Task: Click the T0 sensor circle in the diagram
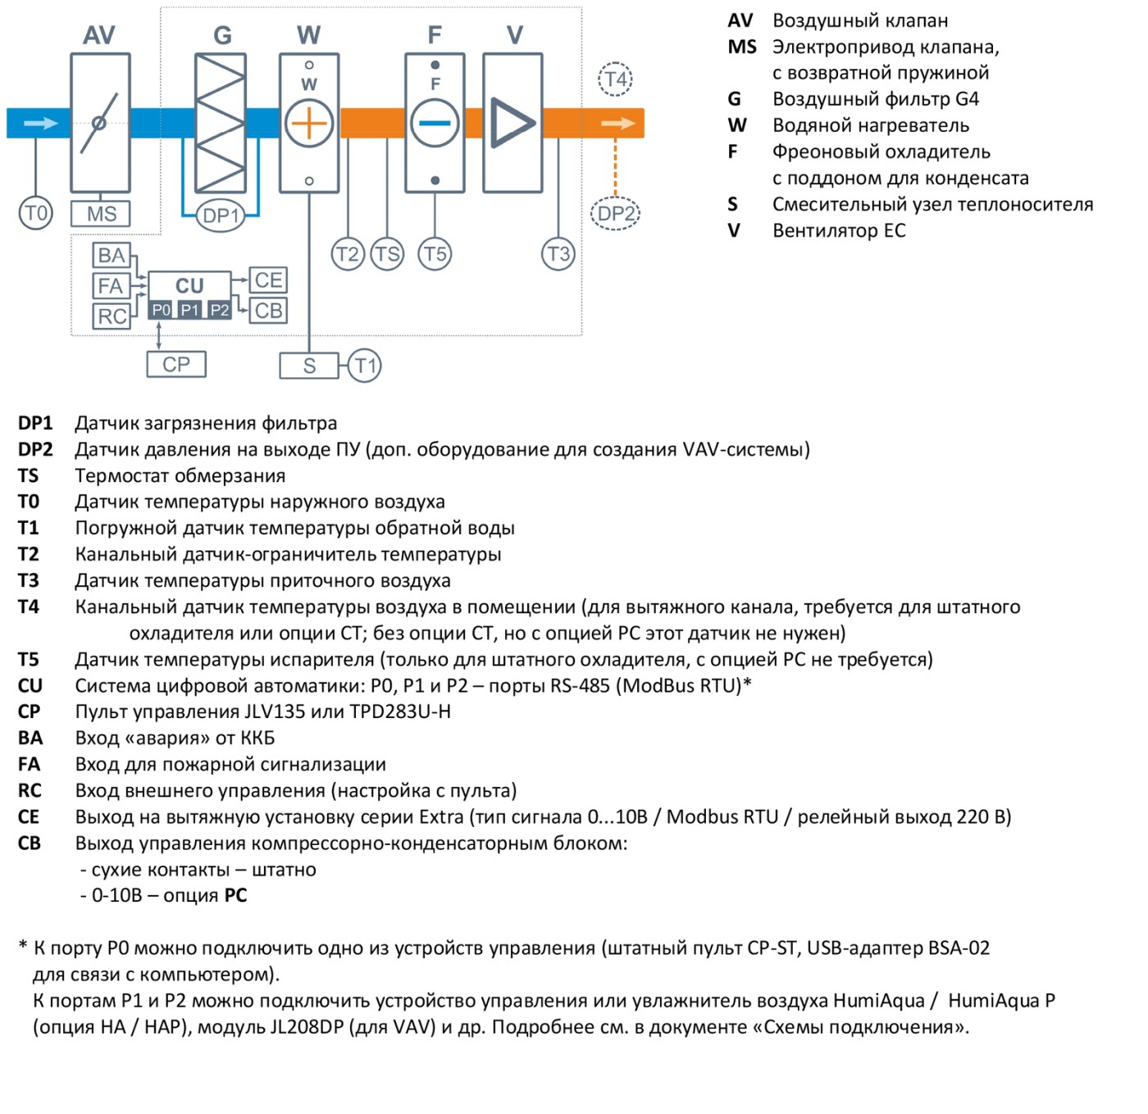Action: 35,213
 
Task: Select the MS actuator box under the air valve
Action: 100,213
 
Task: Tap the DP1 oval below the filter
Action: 220,216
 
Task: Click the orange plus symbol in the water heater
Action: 308,123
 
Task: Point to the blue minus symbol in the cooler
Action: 435,123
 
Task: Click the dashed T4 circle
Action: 615,79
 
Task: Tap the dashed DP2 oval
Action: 615,213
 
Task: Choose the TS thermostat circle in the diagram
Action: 387,253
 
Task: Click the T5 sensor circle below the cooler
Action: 435,253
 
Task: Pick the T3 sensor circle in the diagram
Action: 558,253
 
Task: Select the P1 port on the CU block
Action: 189,310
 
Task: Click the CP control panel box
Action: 176,365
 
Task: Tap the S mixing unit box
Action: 309,366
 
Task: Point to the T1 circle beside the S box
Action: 365,366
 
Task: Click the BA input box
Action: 112,256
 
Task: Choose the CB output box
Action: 268,311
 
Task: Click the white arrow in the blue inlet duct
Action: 41,123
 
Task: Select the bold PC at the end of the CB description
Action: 235,895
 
